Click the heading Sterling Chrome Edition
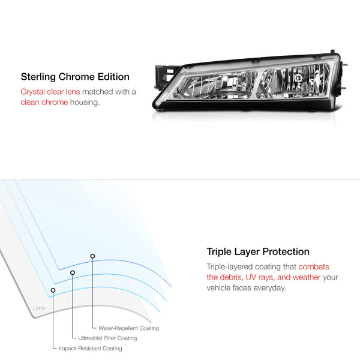point(75,77)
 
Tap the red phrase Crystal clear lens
point(50,92)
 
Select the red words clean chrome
point(44,102)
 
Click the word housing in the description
point(85,103)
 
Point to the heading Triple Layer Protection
point(258,251)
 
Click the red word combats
point(314,266)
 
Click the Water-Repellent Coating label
point(128,328)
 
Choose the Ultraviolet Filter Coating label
point(107,338)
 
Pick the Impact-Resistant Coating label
point(91,348)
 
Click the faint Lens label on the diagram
point(39,308)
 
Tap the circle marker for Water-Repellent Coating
point(92,256)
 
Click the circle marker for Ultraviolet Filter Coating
point(73,272)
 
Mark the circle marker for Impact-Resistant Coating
point(53,290)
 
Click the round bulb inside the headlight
point(298,77)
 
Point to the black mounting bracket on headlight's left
point(166,76)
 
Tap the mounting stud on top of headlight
point(332,51)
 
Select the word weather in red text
point(307,277)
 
